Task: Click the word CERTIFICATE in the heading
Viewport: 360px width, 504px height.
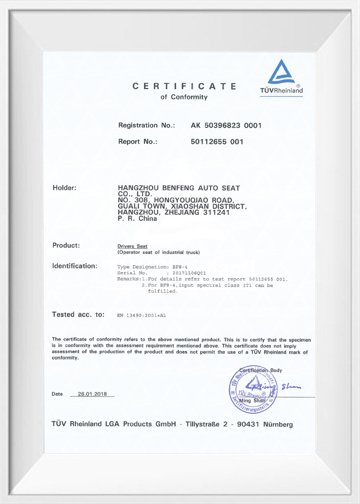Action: [x=184, y=86]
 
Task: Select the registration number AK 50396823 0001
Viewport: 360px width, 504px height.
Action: [x=226, y=125]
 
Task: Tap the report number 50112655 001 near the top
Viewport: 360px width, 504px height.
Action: [x=217, y=142]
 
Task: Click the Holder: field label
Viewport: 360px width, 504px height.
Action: [x=64, y=188]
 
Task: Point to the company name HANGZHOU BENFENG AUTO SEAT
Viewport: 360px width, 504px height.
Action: [x=179, y=188]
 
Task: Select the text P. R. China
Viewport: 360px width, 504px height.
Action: [x=137, y=219]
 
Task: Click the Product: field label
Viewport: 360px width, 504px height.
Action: [x=66, y=245]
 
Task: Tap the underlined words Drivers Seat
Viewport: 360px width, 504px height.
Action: [x=132, y=247]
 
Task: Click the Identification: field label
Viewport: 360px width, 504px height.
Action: [x=74, y=266]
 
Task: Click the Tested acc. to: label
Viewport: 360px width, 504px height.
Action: [x=78, y=314]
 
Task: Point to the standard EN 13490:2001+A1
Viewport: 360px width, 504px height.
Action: [x=142, y=315]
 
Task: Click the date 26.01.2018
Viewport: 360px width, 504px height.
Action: [x=92, y=394]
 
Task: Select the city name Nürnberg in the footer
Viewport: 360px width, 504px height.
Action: [x=278, y=424]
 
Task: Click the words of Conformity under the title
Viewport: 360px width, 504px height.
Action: [x=184, y=97]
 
